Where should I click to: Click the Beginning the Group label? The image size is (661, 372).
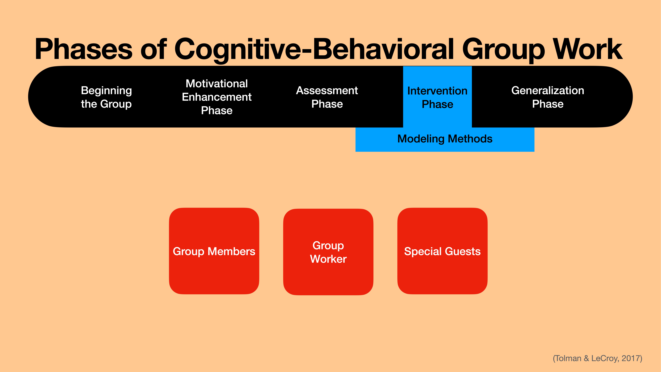[x=106, y=97]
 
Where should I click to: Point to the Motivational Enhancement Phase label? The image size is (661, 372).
[x=217, y=97]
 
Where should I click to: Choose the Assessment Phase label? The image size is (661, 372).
[x=327, y=97]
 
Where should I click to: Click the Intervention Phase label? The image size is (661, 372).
[x=437, y=98]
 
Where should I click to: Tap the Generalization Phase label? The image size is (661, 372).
[x=548, y=97]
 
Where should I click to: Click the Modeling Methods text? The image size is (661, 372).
[x=445, y=139]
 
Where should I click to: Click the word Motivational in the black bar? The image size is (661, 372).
[x=217, y=83]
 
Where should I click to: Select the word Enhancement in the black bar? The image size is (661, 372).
[x=217, y=97]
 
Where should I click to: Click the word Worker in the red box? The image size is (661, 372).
[x=328, y=259]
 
